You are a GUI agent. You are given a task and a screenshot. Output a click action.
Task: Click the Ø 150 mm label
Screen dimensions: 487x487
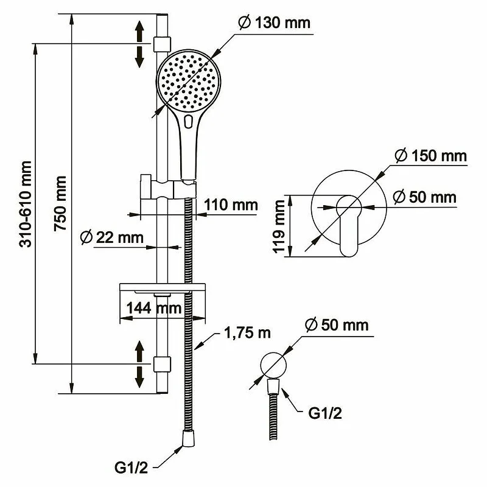[430, 156]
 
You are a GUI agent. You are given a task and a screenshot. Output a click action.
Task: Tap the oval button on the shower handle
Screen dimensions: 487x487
[188, 121]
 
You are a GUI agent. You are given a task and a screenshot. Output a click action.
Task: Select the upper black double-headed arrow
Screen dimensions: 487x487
[139, 43]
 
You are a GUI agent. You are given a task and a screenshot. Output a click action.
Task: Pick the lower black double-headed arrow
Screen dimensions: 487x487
[139, 363]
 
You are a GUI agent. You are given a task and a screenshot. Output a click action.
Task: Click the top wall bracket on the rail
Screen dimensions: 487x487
[161, 44]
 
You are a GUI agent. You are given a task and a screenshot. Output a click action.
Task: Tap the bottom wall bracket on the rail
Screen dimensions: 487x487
[161, 363]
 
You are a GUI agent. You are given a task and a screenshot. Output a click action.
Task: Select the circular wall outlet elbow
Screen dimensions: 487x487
[272, 365]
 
